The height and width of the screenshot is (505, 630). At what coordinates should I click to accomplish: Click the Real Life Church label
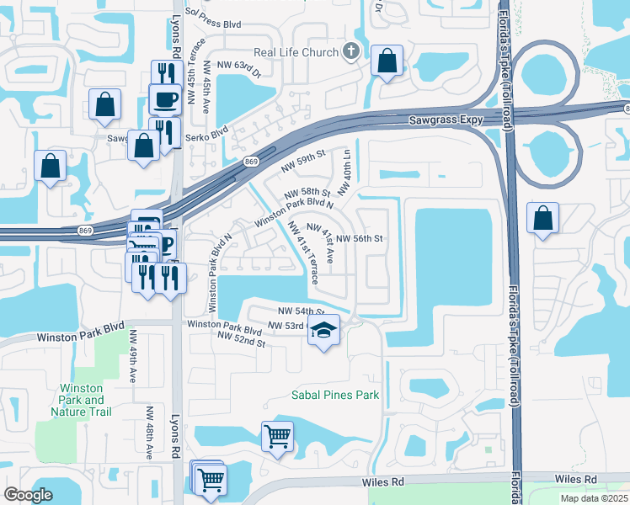click(x=294, y=52)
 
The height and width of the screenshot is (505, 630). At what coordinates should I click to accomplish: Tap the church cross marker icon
click(x=352, y=52)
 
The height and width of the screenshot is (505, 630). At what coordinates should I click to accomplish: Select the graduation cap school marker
click(x=322, y=331)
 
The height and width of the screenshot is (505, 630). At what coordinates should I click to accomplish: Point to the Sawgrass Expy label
click(x=446, y=120)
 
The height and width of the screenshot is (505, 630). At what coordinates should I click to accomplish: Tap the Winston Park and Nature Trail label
click(x=83, y=400)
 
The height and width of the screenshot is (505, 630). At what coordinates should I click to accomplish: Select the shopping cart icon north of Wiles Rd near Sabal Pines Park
click(x=277, y=437)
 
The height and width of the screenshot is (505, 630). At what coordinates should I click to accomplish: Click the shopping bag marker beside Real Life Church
click(x=387, y=61)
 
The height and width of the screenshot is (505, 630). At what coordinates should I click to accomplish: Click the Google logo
click(x=28, y=494)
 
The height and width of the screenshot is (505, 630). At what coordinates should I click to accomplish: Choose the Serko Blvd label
click(x=208, y=132)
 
